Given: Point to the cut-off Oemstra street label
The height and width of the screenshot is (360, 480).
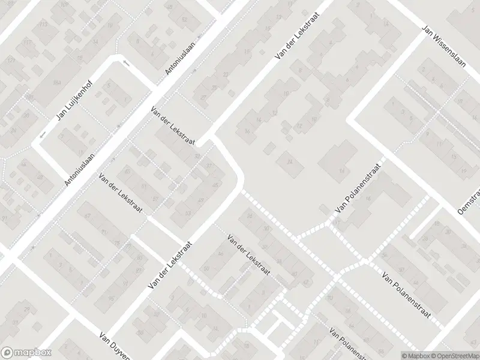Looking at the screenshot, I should (470, 201).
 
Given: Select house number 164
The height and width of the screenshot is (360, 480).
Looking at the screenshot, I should (57, 82).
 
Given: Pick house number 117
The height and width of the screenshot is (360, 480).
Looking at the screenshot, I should (27, 43).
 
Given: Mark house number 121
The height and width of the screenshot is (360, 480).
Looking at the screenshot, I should (10, 61).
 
